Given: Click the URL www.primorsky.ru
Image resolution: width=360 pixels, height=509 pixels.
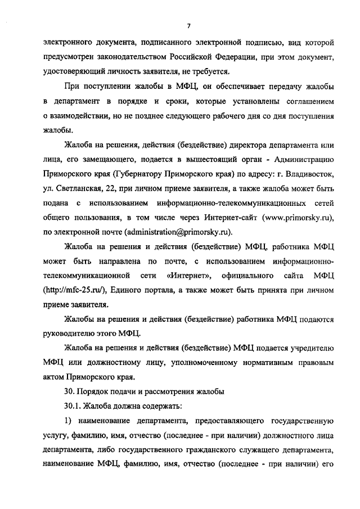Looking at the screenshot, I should pyautogui.click(x=288, y=217).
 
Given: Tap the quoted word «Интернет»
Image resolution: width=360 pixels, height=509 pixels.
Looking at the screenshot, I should pyautogui.click(x=189, y=275).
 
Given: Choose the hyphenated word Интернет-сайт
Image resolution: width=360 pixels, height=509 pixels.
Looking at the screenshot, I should pyautogui.click(x=255, y=217).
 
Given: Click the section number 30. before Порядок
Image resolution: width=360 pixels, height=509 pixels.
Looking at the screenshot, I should pyautogui.click(x=71, y=391).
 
